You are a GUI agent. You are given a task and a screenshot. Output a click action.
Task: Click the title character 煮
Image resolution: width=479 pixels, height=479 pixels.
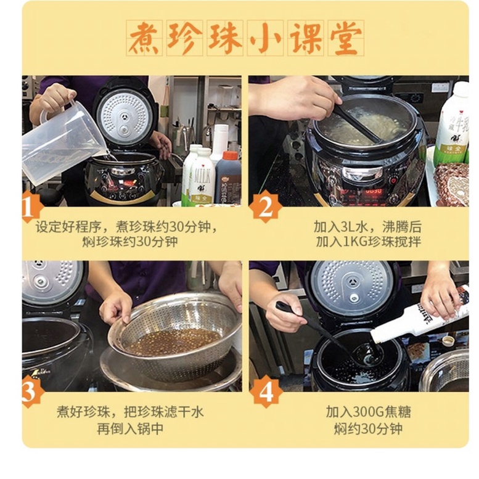tap(145, 38)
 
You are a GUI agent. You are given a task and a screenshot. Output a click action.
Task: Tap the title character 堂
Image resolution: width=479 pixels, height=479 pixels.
tap(345, 38)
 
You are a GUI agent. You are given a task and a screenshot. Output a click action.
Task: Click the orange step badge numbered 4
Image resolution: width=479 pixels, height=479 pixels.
tap(265, 392)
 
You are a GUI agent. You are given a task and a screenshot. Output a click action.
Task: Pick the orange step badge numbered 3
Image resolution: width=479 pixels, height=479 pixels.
tap(31, 392)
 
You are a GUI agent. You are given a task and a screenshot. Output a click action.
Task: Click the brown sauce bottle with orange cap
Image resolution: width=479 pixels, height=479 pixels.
tap(227, 177)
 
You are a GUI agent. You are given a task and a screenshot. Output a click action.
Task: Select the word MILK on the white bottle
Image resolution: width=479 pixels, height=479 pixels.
tap(202, 176)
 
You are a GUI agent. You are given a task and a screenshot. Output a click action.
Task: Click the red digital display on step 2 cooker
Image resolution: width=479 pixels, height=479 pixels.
tap(374, 192)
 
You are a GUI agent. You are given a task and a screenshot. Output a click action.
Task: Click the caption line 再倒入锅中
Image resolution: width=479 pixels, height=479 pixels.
tap(130, 428)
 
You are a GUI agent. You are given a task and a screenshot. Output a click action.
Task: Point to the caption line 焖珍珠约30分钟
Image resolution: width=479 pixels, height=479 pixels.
tap(130, 241)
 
